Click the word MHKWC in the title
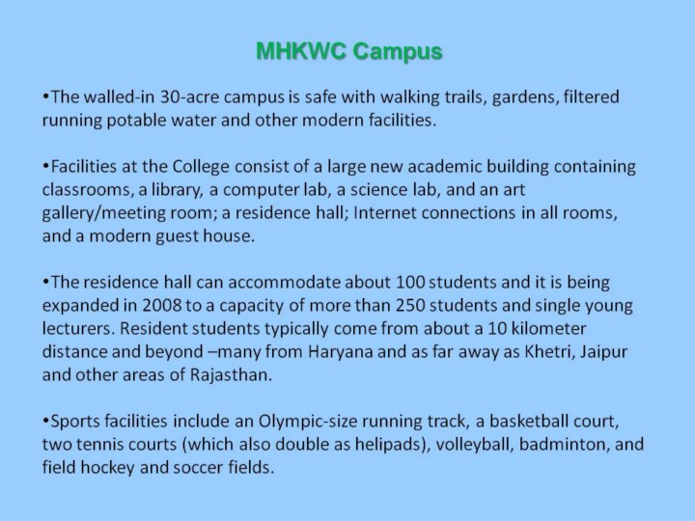(300, 51)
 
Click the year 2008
(162, 305)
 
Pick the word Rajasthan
(231, 374)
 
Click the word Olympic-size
(308, 422)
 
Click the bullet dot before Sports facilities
(45, 420)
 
